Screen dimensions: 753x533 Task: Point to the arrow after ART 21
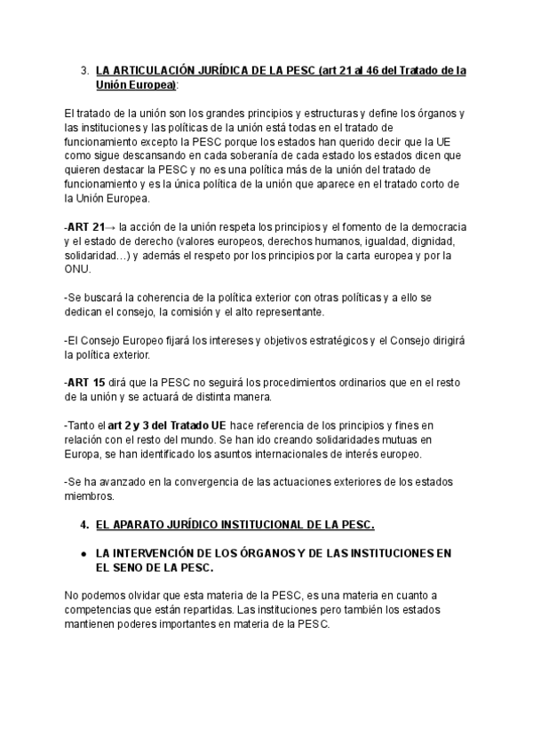(x=110, y=226)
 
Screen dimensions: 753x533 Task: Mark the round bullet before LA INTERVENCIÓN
(x=83, y=552)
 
